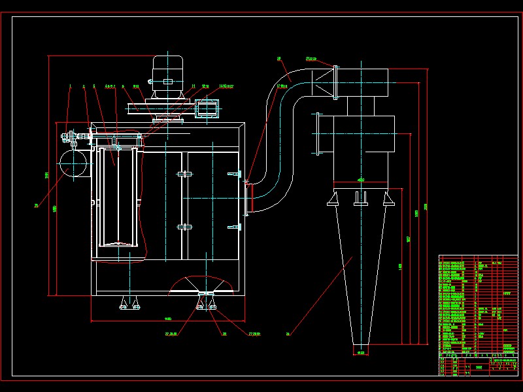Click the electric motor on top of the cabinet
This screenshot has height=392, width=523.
pos(167,75)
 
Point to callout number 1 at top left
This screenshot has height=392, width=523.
pos(70,86)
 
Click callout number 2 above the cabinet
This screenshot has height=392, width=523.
pos(84,86)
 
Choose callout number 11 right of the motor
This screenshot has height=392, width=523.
pos(194,86)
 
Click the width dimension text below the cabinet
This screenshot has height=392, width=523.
pos(167,319)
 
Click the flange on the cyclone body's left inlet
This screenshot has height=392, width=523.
pos(318,134)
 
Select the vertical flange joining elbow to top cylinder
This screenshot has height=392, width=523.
pos(335,82)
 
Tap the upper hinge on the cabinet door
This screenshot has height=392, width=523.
pos(184,174)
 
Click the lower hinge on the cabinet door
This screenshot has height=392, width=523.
pos(184,227)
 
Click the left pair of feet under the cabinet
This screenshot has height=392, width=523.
pos(129,303)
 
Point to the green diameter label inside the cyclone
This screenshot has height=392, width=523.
pos(361,180)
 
